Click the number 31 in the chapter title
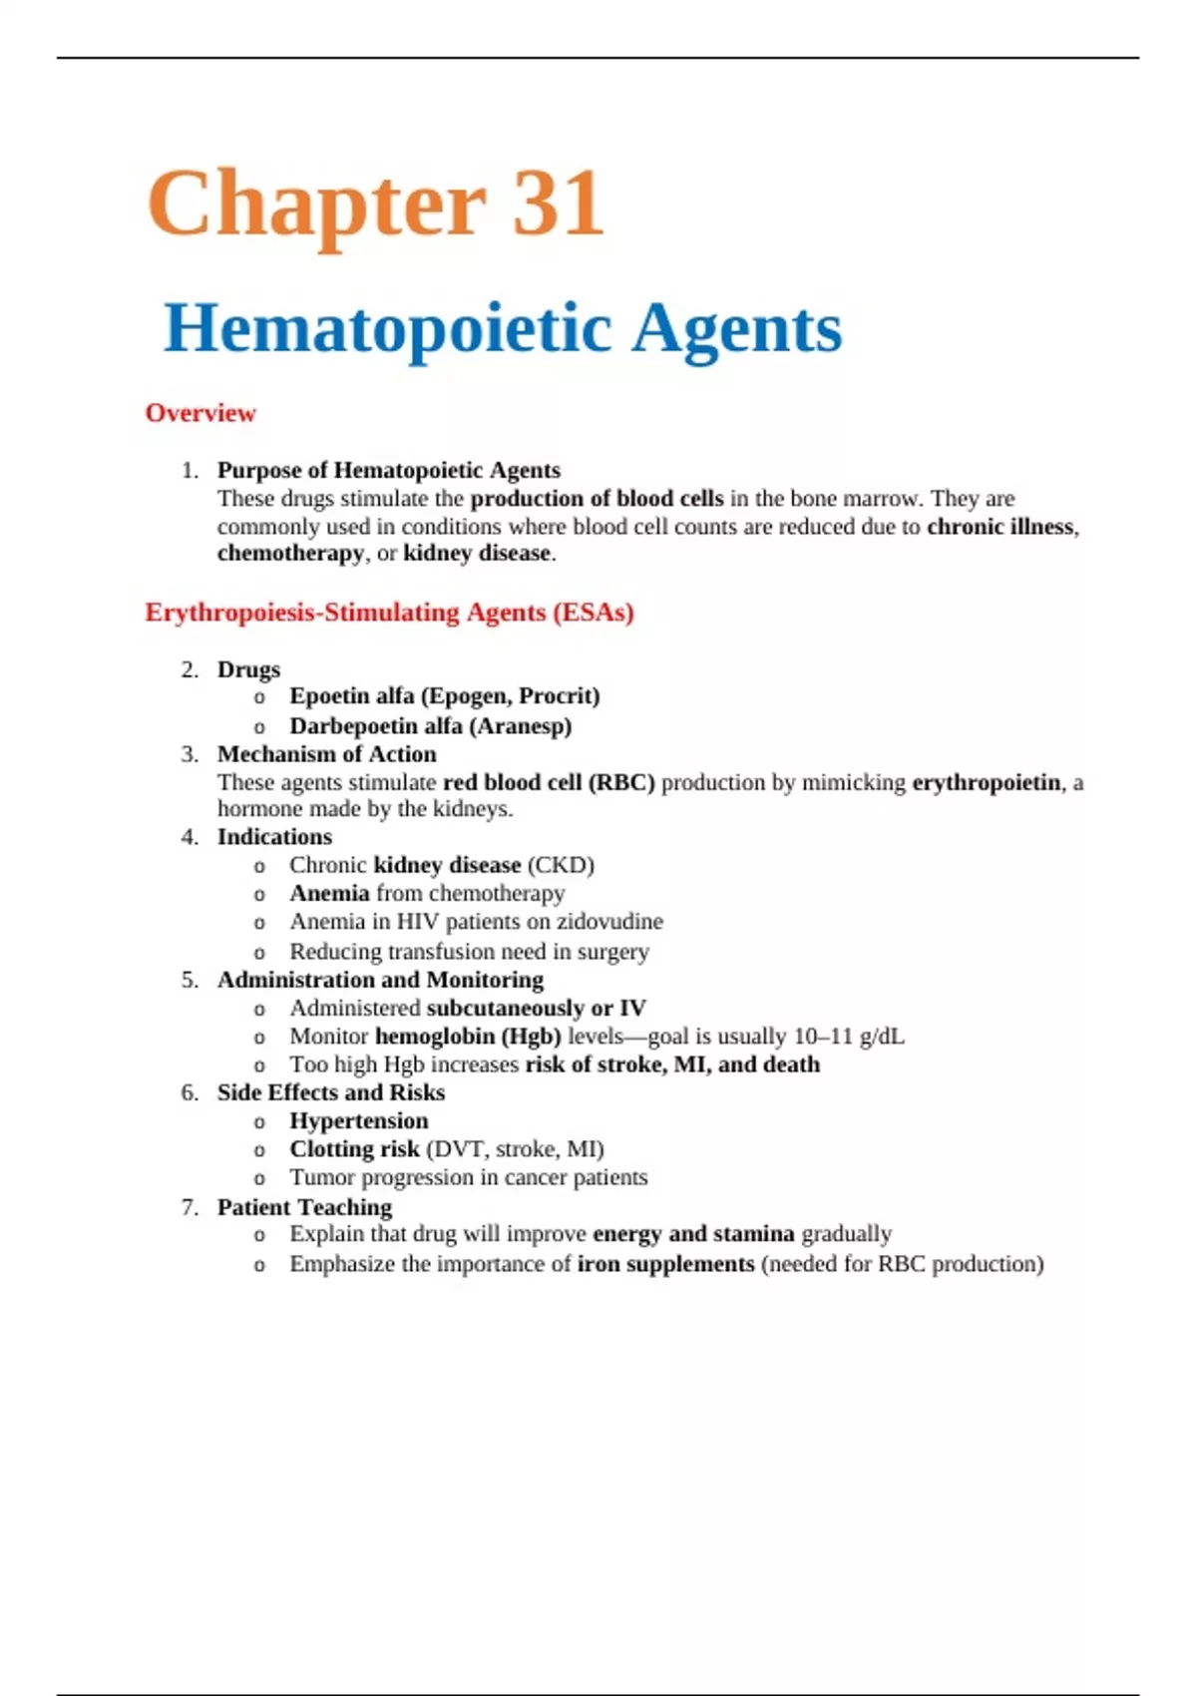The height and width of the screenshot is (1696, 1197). (x=557, y=205)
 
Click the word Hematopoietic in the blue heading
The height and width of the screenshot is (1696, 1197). (x=387, y=328)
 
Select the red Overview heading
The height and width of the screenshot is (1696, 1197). (x=200, y=413)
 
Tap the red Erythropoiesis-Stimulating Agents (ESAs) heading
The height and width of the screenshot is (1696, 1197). (x=389, y=612)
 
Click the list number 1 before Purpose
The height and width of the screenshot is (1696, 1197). (x=189, y=470)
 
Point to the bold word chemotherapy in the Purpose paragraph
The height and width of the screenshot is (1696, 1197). (x=290, y=553)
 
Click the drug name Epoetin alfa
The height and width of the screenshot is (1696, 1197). (x=351, y=695)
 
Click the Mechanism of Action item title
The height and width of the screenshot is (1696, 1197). (x=326, y=753)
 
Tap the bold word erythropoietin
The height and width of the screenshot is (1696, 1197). (x=986, y=782)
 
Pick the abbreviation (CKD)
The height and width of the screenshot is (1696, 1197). (x=561, y=864)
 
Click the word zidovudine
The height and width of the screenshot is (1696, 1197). (x=609, y=921)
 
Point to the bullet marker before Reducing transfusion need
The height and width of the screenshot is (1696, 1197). (x=259, y=953)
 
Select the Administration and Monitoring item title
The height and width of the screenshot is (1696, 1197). (x=380, y=980)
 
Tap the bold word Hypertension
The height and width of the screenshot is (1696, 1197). (x=358, y=1120)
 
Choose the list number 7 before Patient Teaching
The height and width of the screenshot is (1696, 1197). (x=189, y=1207)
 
